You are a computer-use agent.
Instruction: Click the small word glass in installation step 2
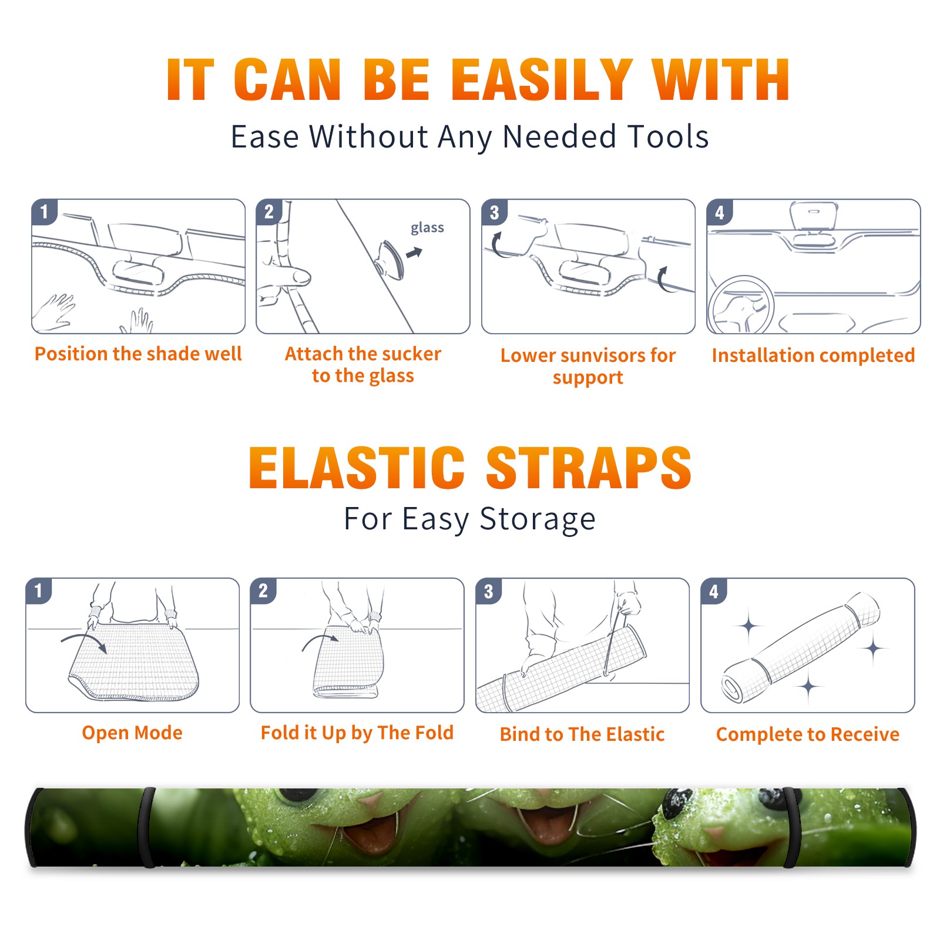click(x=427, y=228)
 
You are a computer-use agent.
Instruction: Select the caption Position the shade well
click(x=138, y=354)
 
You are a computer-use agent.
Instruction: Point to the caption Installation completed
click(x=813, y=355)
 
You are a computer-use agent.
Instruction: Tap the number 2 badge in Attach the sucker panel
click(x=269, y=211)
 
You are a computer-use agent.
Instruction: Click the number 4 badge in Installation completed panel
click(x=720, y=212)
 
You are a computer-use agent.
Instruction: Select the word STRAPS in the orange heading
click(x=589, y=468)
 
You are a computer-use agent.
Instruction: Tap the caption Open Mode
click(x=132, y=733)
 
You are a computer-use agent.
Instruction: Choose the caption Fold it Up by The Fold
click(x=357, y=733)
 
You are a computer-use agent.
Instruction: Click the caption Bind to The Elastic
click(x=582, y=734)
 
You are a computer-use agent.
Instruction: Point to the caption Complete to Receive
click(x=808, y=734)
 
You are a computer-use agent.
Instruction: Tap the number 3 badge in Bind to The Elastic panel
click(x=489, y=592)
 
